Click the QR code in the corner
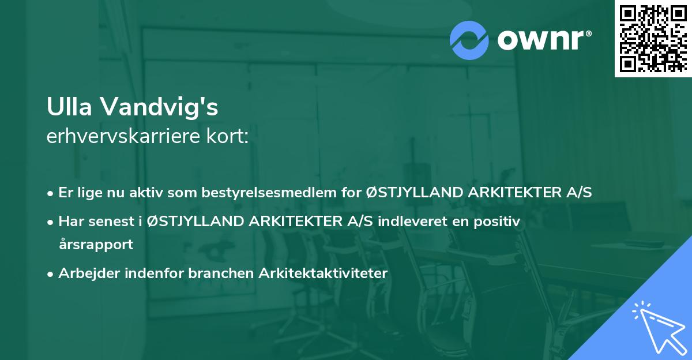click(653, 38)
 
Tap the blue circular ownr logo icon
click(469, 40)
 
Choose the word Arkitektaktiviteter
click(319, 273)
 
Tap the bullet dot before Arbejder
click(51, 273)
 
